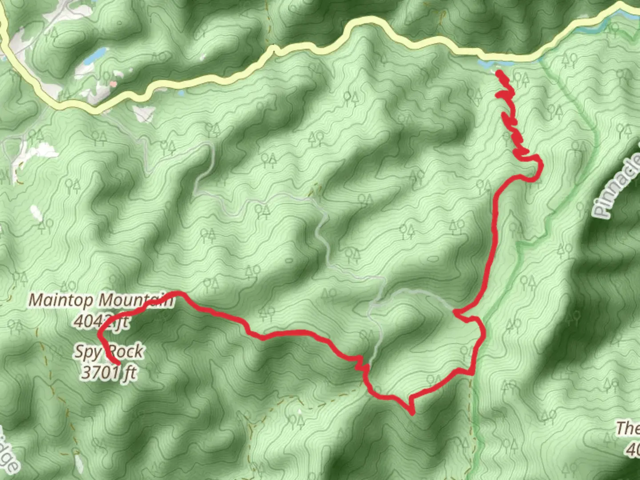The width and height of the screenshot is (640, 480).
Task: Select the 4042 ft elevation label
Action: (101, 321)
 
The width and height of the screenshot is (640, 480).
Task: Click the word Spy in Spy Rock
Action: (87, 352)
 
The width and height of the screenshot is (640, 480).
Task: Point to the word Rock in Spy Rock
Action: (126, 352)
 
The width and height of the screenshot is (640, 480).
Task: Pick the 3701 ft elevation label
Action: (108, 372)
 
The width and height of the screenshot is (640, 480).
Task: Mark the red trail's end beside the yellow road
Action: (499, 72)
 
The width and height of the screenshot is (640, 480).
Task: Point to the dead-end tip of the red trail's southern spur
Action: (412, 413)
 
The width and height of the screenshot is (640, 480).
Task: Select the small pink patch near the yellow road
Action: (113, 83)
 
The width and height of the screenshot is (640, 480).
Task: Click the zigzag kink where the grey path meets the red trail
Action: (363, 366)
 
